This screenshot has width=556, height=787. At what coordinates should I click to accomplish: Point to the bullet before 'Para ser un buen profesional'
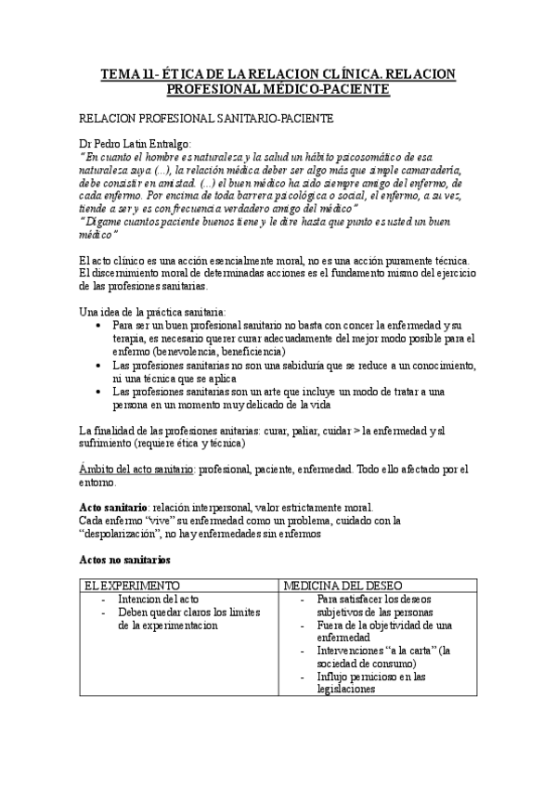99,326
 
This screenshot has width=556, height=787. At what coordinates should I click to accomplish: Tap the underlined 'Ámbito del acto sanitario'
137,470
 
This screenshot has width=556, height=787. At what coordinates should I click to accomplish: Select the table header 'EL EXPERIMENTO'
126,587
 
